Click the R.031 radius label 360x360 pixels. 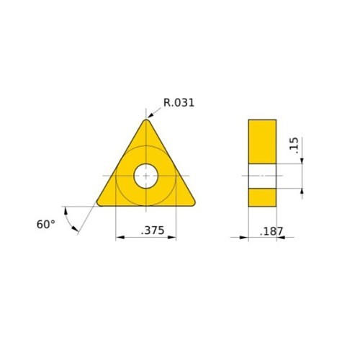coord(179,102)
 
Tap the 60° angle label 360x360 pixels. coord(45,224)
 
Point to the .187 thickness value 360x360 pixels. coord(271,232)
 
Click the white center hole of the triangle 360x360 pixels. coord(146,175)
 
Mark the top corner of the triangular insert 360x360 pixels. coord(147,120)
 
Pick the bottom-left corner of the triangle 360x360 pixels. coord(99,203)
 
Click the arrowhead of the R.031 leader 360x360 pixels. coord(150,116)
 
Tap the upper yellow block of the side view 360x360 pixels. coord(262,141)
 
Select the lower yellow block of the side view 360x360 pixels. coord(262,197)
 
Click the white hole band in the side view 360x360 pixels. coord(262,175)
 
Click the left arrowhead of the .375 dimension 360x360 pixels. coord(118,238)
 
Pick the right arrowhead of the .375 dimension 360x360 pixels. coord(174,238)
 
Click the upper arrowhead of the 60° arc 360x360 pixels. coord(66,209)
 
